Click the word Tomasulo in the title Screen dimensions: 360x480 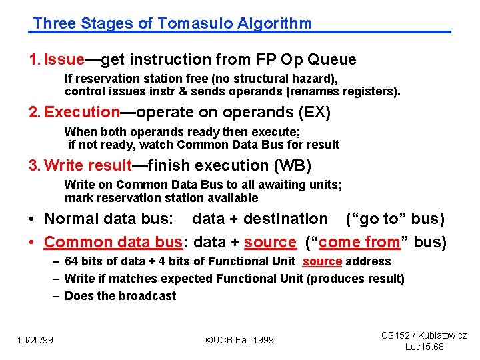click(189, 24)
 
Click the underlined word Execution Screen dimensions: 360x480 click(82, 112)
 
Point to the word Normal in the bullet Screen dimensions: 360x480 click(75, 219)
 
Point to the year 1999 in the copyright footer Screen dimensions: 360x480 click(261, 340)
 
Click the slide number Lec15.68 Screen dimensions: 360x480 click(425, 347)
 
